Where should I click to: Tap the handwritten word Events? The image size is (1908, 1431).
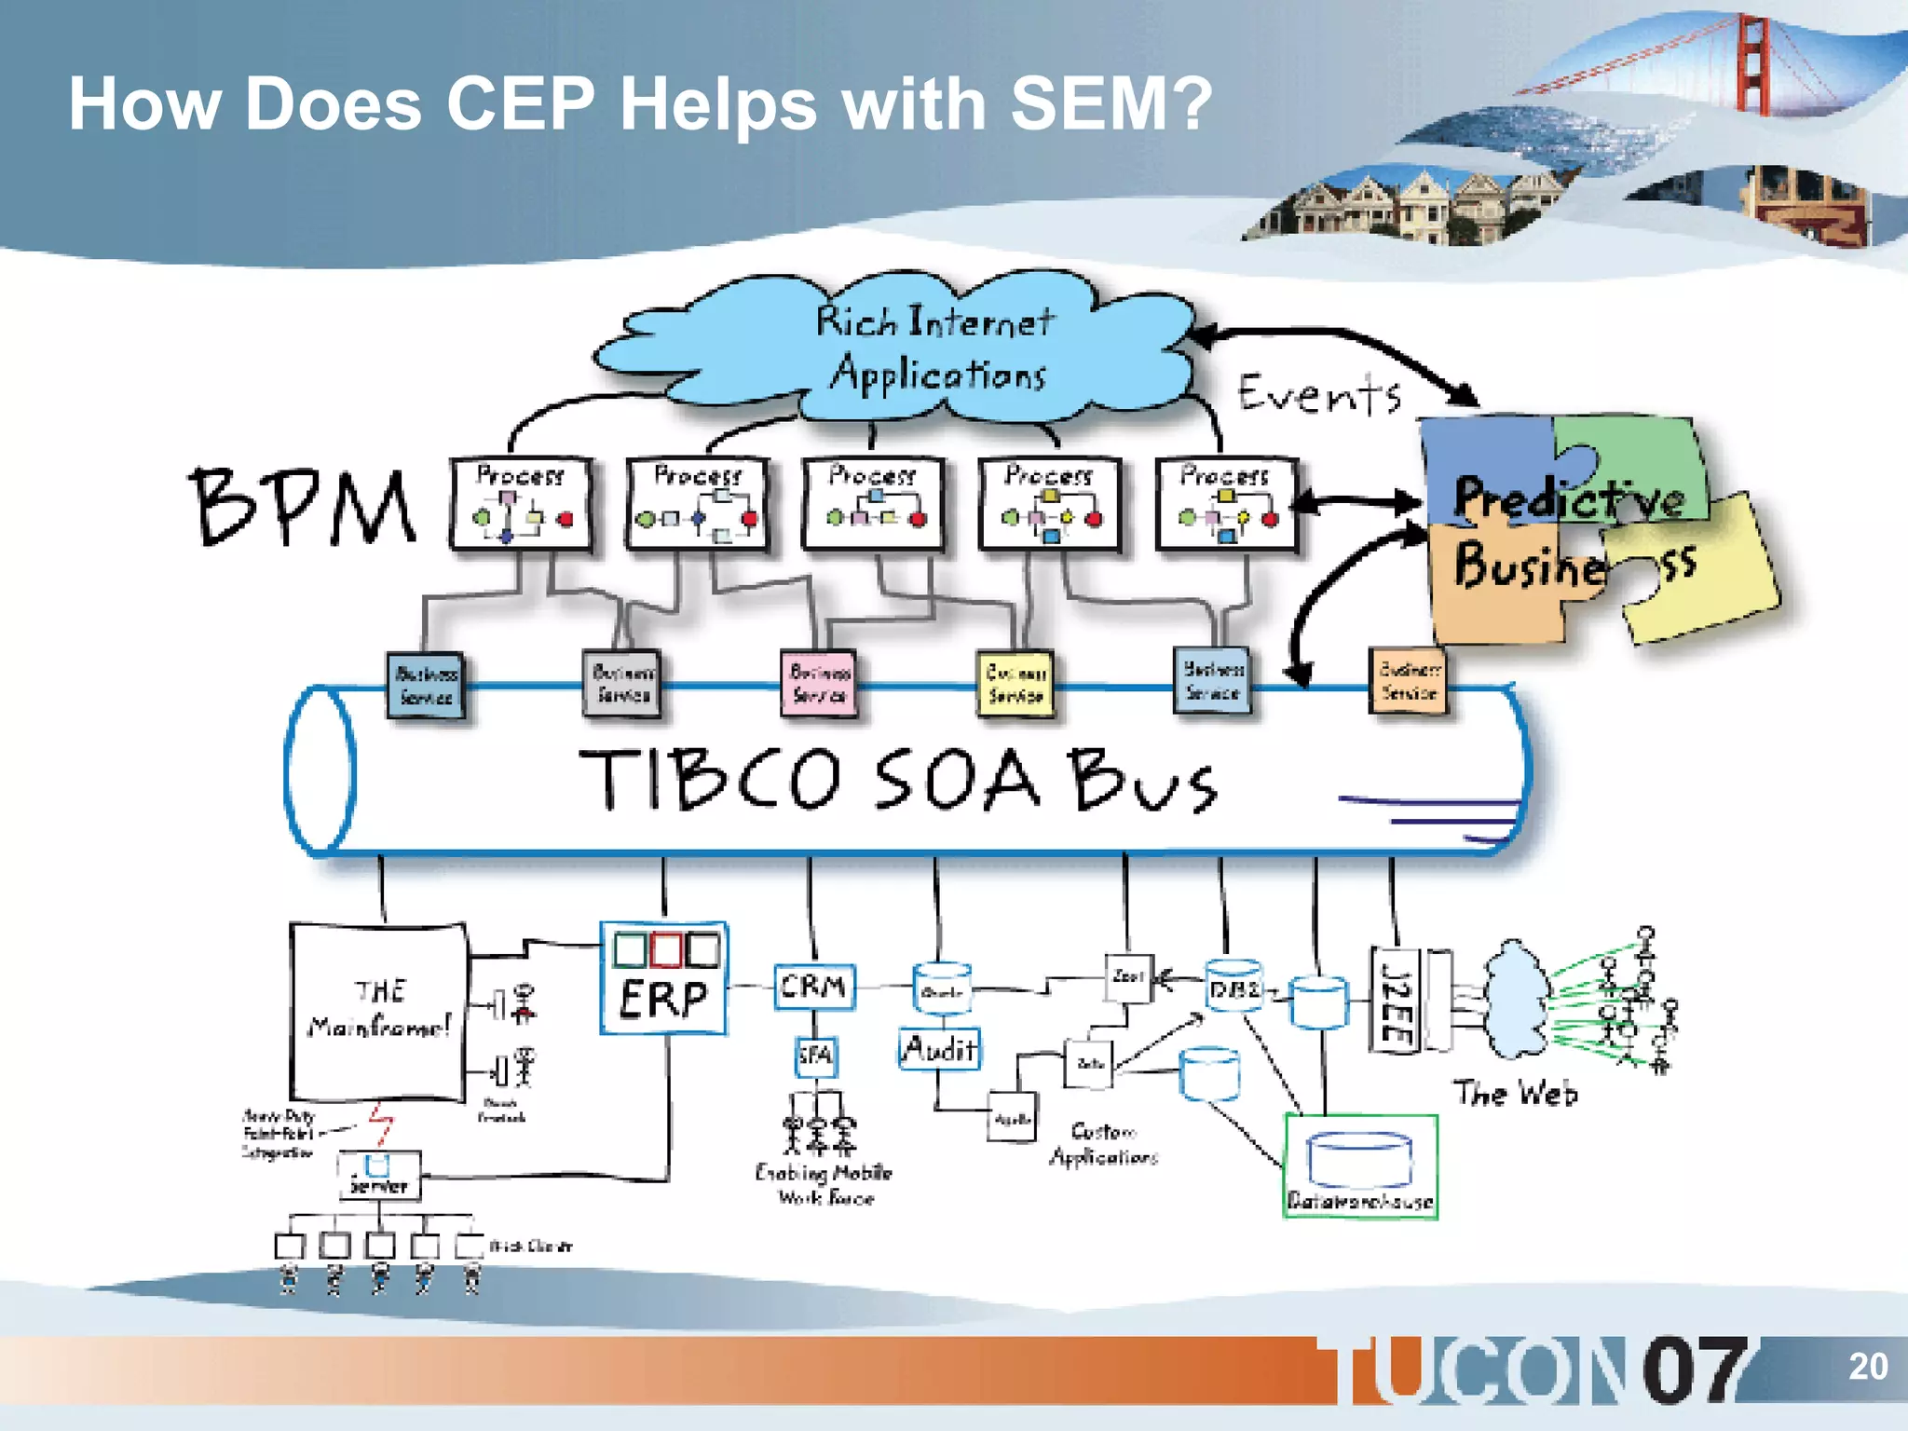point(1318,394)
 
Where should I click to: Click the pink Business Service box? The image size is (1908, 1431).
point(818,683)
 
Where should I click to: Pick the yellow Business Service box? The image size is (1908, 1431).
point(1015,684)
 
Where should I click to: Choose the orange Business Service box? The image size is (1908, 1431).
point(1409,681)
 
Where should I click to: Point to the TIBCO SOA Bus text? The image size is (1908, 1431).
point(899,780)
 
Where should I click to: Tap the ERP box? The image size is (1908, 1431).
point(663,978)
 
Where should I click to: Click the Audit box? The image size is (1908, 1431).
point(939,1050)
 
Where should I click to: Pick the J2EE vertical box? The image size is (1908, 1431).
point(1396,1000)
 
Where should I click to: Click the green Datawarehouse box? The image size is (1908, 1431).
point(1360,1166)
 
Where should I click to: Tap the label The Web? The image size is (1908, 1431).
point(1516,1093)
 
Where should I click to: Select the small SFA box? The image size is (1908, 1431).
point(815,1056)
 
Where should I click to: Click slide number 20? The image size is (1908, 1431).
point(1867,1367)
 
